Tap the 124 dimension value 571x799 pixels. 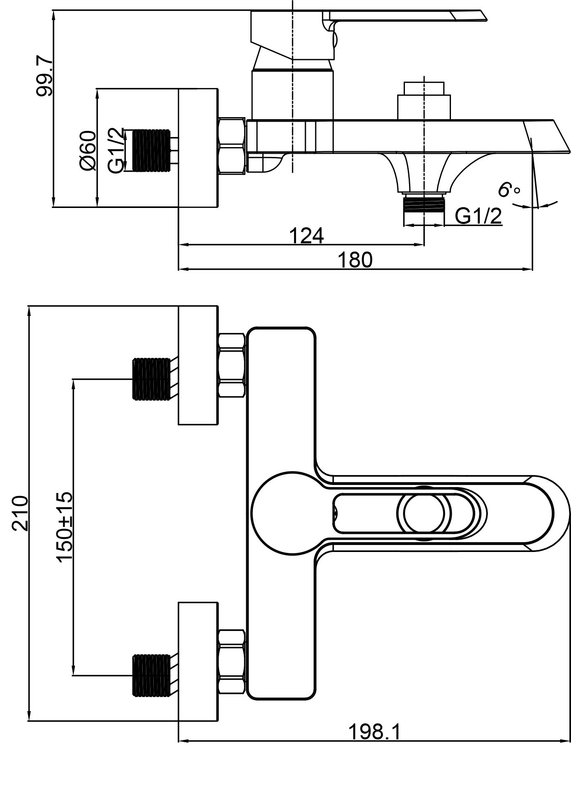click(307, 236)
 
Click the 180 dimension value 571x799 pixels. click(355, 260)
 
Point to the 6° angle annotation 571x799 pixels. click(509, 190)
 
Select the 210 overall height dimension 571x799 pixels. click(20, 514)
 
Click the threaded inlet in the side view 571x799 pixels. click(152, 150)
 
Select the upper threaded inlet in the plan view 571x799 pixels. click(151, 379)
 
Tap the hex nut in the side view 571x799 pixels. click(233, 146)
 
